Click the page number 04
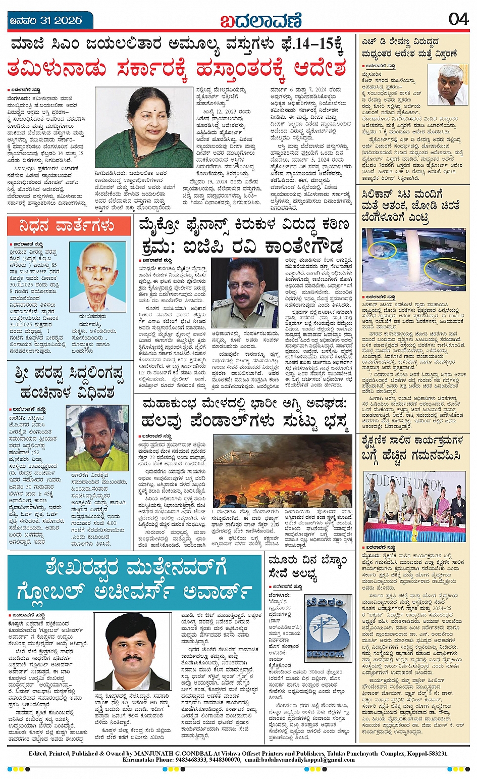[458, 19]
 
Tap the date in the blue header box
[46, 21]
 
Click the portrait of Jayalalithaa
[144, 127]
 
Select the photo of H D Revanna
[447, 84]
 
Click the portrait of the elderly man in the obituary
[97, 277]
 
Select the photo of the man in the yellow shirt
[97, 438]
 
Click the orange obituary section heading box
[69, 225]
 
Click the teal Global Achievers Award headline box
[135, 581]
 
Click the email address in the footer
[303, 760]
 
